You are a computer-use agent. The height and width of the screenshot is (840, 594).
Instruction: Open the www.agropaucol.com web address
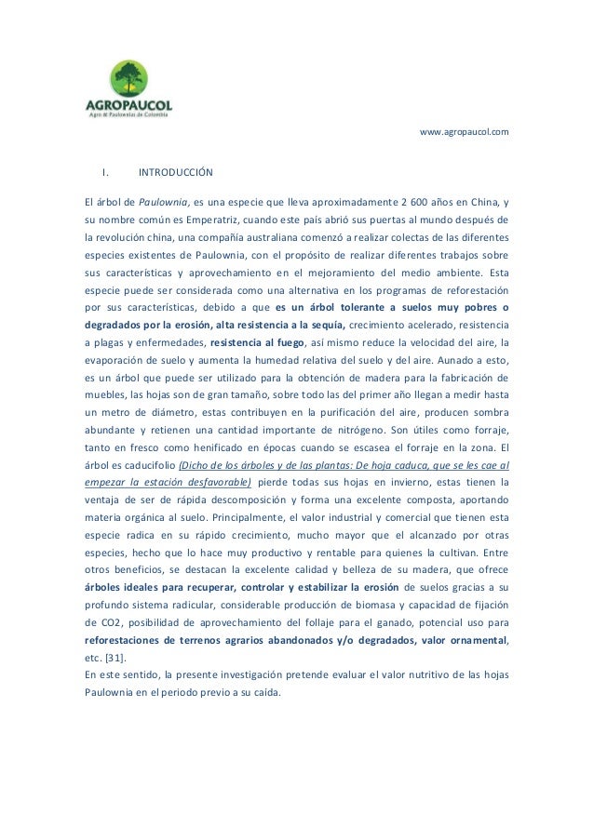pyautogui.click(x=464, y=133)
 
